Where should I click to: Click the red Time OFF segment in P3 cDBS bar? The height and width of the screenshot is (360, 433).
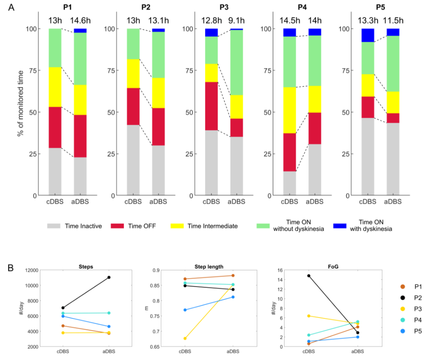click(211, 106)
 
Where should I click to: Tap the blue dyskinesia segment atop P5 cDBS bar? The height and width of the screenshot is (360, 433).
click(368, 35)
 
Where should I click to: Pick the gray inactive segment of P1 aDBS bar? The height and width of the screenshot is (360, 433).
click(80, 176)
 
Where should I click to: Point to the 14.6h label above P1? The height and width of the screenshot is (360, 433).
click(80, 20)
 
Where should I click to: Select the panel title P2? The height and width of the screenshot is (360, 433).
click(146, 7)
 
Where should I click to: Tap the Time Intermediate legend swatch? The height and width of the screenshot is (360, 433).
click(178, 226)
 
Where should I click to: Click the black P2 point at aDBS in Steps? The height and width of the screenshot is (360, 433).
click(109, 277)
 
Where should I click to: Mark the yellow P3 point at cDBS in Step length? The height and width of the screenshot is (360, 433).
click(185, 338)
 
